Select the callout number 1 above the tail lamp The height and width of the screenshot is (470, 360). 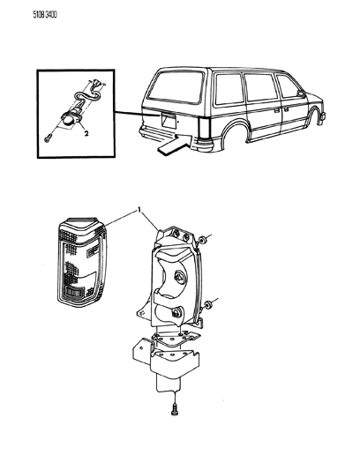(138, 210)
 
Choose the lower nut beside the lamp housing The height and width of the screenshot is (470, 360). (206, 306)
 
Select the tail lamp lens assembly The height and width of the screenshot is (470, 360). (83, 260)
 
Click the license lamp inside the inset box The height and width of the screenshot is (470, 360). (70, 120)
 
